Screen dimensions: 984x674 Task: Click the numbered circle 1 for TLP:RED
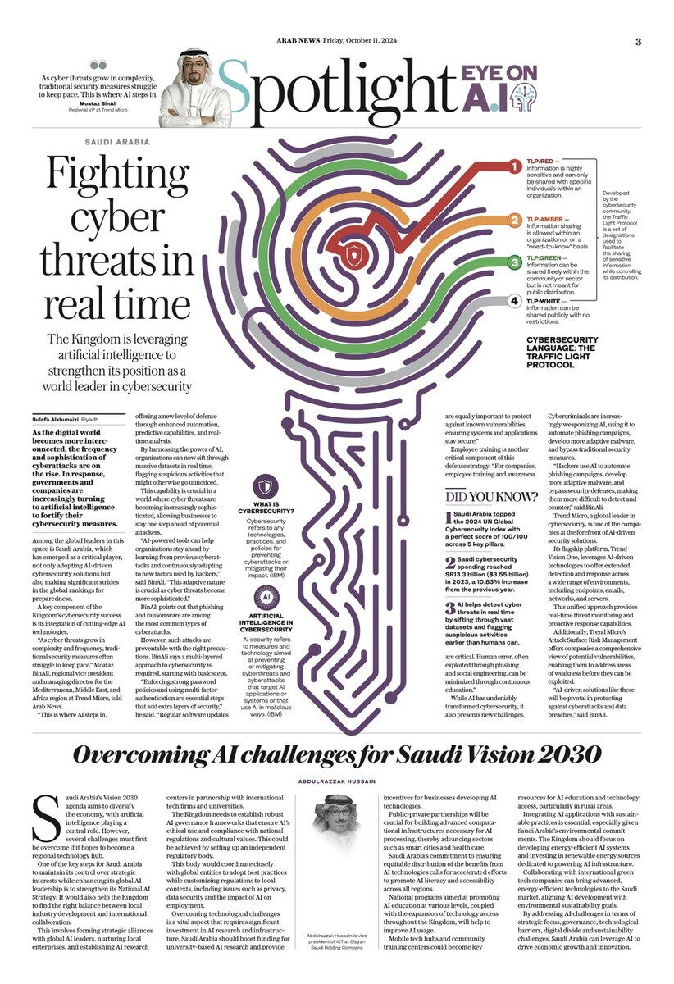click(513, 167)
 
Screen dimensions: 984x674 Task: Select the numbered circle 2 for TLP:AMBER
click(513, 220)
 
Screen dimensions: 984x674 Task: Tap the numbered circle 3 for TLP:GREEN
click(513, 262)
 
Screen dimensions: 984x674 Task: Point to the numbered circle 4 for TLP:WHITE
click(513, 301)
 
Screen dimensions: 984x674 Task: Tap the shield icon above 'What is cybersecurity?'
click(267, 485)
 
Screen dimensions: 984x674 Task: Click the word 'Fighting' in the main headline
click(116, 175)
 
